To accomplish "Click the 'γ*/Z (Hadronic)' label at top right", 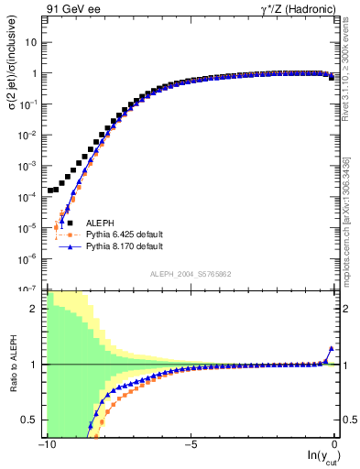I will click(x=293, y=11).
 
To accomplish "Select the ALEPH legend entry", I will click(x=100, y=223).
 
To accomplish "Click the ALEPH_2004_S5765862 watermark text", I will click(x=191, y=274).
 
